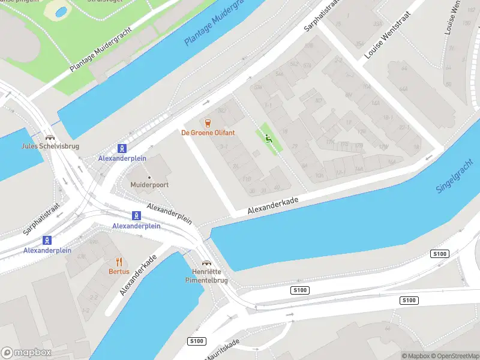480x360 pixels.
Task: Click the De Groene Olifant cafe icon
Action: click(208, 124)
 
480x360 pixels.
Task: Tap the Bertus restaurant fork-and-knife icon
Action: click(119, 262)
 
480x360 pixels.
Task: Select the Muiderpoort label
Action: click(149, 185)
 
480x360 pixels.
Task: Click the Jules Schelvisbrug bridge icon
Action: click(47, 137)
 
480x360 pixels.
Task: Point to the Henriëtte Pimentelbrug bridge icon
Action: click(206, 263)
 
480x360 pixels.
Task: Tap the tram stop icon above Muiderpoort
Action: click(122, 148)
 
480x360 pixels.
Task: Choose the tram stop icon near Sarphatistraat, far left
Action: click(47, 241)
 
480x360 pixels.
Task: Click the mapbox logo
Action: click(26, 353)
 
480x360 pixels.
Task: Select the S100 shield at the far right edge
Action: click(440, 254)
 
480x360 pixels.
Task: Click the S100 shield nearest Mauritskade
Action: click(196, 341)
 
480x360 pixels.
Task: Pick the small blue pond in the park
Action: click(61, 11)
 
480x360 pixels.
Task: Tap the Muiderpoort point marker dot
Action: click(149, 177)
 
